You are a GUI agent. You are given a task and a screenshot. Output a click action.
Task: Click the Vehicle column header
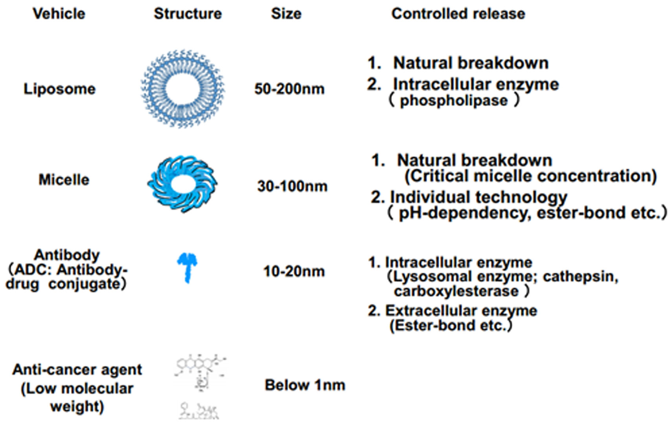[x=59, y=14]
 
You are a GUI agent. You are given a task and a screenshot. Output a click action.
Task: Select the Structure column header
[x=188, y=14]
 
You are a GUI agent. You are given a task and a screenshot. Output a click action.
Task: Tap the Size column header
[x=286, y=14]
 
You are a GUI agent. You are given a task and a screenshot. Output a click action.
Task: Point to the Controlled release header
[x=458, y=14]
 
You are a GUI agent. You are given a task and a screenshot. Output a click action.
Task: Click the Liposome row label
[x=59, y=89]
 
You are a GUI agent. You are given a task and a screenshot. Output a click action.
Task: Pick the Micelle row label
[x=64, y=180]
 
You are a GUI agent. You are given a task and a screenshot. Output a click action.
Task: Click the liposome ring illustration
[x=183, y=88]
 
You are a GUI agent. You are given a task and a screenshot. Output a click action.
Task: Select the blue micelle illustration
[x=182, y=183]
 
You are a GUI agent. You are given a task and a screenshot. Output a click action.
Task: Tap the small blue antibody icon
[x=187, y=267]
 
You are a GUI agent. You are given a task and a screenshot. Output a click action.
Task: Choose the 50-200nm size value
[x=290, y=89]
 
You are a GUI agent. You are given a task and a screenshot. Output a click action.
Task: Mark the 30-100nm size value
[x=292, y=186]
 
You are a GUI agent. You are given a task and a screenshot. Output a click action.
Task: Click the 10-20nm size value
[x=294, y=271]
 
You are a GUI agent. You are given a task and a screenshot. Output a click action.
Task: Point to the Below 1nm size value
[x=305, y=385]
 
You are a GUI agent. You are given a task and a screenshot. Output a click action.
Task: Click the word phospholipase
[x=454, y=101]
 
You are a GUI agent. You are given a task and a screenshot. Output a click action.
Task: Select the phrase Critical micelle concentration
[x=530, y=176]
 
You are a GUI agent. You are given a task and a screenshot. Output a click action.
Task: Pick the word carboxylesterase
[x=456, y=291]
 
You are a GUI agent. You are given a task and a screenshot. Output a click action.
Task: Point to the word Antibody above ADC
[x=67, y=255]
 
